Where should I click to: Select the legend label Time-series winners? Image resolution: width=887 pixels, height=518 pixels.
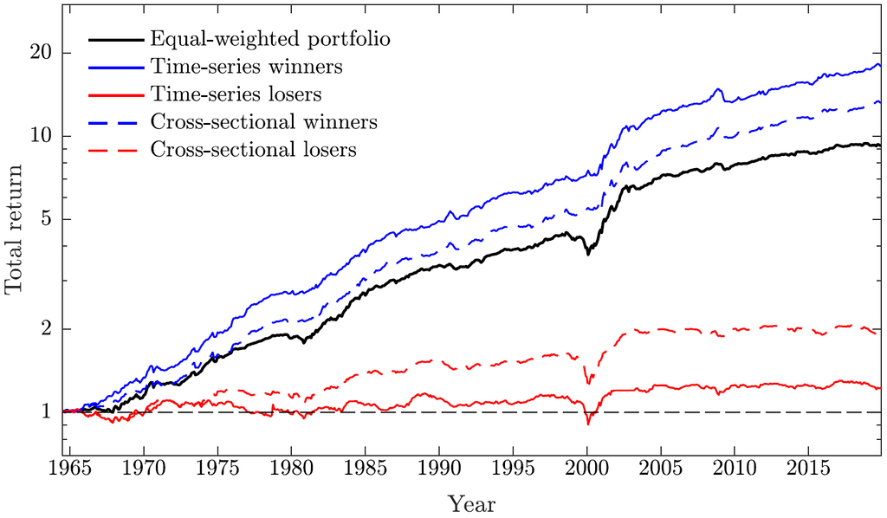click(x=246, y=67)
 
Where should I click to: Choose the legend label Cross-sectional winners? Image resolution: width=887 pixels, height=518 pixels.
click(x=263, y=121)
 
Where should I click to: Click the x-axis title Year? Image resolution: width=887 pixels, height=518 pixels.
click(x=472, y=503)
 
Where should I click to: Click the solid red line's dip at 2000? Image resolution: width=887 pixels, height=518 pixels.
click(x=588, y=424)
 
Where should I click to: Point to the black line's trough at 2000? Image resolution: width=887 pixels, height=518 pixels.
click(x=588, y=253)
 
